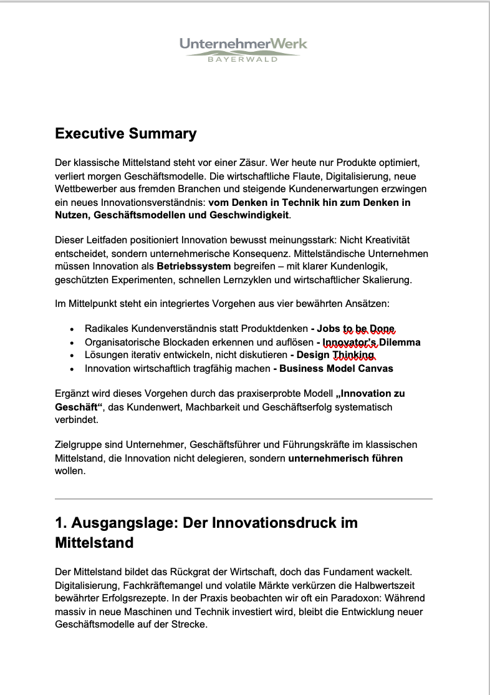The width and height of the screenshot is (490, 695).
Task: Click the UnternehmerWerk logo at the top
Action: [243, 44]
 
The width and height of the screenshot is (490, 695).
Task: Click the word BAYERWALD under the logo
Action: [243, 60]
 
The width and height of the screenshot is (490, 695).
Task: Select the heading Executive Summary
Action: [125, 134]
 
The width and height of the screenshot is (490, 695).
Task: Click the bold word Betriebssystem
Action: [194, 266]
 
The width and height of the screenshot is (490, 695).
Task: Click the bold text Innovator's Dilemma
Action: [371, 342]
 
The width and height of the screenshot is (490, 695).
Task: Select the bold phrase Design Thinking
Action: [335, 355]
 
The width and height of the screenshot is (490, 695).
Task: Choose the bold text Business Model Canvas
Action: [336, 368]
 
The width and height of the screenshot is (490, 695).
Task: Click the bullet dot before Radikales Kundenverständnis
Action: [72, 329]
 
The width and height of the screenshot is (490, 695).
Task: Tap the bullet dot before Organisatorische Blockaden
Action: [72, 343]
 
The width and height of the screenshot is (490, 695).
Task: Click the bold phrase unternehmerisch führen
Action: [345, 458]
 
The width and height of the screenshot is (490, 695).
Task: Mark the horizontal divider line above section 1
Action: [243, 499]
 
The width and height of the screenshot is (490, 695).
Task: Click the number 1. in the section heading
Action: [62, 523]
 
